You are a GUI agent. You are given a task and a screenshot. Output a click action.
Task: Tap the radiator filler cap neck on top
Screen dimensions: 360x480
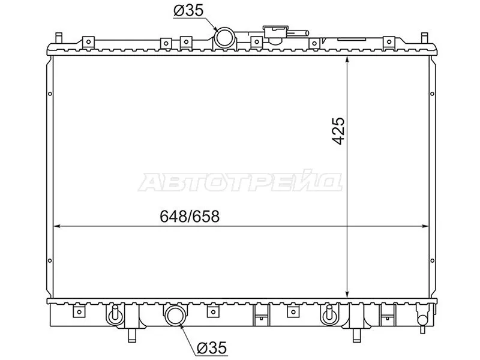coord(277,33)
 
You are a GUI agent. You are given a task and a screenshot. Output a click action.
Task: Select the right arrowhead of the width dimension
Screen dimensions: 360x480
coord(425,227)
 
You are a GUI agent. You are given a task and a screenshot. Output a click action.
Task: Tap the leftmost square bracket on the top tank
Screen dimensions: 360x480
coord(88,42)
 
